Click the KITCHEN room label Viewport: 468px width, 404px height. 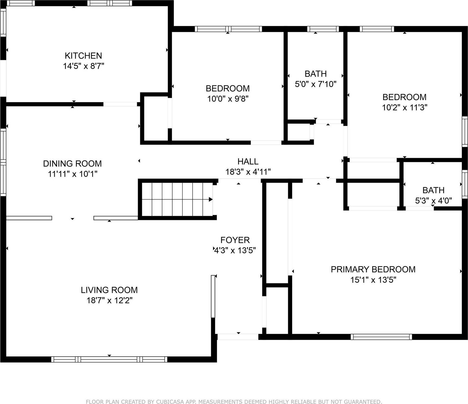pyautogui.click(x=83, y=56)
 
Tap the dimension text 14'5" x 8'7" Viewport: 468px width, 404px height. pyautogui.click(x=83, y=66)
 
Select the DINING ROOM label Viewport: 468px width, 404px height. pyautogui.click(x=72, y=163)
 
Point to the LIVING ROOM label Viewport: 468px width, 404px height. pyautogui.click(x=109, y=290)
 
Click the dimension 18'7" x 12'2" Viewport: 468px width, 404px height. pyautogui.click(x=109, y=301)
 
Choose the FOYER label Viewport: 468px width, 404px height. pyautogui.click(x=235, y=240)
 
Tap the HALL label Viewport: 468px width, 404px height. pyautogui.click(x=248, y=161)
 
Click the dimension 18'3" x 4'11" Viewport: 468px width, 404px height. pyautogui.click(x=248, y=172)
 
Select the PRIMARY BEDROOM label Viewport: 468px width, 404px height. pyautogui.click(x=373, y=269)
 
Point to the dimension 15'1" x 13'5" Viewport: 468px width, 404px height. pyautogui.click(x=373, y=280)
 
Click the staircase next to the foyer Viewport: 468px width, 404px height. pyautogui.click(x=177, y=199)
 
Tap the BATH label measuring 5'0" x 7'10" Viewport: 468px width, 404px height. pyautogui.click(x=316, y=74)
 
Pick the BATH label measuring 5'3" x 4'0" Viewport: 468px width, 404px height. pyautogui.click(x=433, y=190)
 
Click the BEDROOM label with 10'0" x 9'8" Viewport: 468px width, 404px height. pyautogui.click(x=228, y=88)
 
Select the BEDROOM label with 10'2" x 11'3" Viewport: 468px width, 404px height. pyautogui.click(x=404, y=97)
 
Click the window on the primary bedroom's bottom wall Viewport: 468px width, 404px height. pyautogui.click(x=381, y=337)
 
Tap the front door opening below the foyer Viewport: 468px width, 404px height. pyautogui.click(x=238, y=337)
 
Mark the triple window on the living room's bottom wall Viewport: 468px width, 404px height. pyautogui.click(x=109, y=359)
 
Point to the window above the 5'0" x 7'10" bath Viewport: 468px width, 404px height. pyautogui.click(x=323, y=29)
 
